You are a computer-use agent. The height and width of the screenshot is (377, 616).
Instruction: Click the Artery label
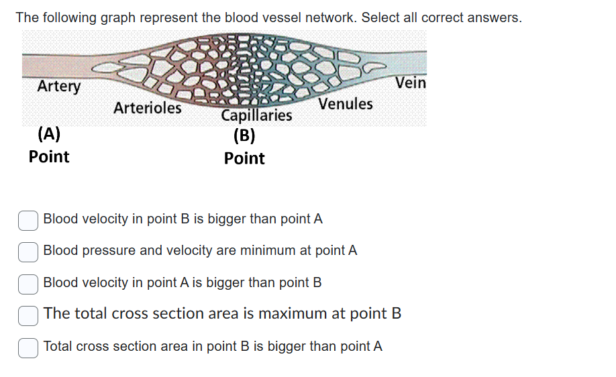[x=59, y=86]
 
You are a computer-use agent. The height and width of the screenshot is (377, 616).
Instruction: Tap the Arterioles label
[x=148, y=107]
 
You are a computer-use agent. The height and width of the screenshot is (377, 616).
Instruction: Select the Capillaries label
[x=257, y=115]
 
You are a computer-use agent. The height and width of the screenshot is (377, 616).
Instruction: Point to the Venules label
[x=346, y=104]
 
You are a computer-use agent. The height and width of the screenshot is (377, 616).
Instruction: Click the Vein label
[x=411, y=83]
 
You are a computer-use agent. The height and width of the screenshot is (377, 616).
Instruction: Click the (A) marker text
[x=49, y=133]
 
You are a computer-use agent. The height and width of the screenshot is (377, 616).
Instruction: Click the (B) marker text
[x=244, y=136]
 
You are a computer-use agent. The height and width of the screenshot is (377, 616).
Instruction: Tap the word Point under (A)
[x=49, y=156]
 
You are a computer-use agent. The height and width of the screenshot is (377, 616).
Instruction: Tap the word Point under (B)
[x=244, y=158]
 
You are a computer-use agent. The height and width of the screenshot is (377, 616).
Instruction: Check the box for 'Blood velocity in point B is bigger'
[x=28, y=219]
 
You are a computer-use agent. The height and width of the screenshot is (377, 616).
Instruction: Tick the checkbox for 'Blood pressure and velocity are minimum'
[x=28, y=251]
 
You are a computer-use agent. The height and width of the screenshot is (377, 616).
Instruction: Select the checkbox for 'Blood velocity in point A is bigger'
[x=28, y=283]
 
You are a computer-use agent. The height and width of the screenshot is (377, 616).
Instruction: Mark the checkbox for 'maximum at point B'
[x=28, y=314]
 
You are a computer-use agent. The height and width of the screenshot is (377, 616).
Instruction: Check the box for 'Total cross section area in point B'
[x=28, y=347]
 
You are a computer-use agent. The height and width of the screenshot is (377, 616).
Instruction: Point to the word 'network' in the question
[x=329, y=17]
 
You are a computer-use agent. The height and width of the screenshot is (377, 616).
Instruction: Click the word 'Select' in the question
[x=380, y=17]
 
